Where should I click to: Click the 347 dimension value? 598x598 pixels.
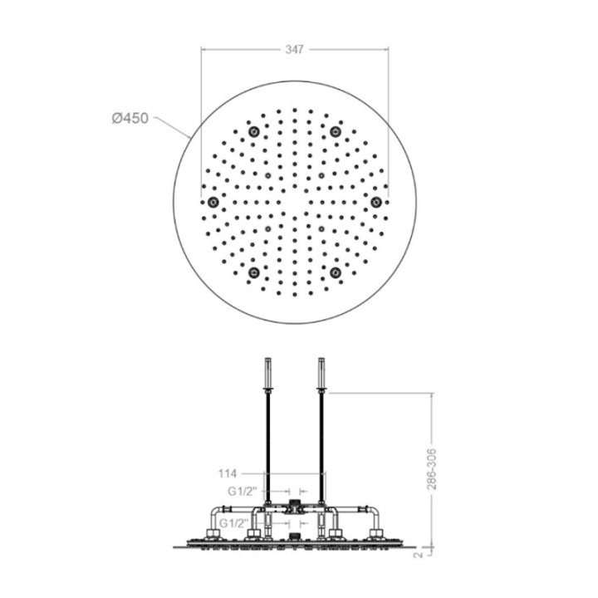(294, 50)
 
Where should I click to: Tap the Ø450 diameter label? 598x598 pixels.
(130, 118)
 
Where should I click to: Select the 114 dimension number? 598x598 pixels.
(228, 473)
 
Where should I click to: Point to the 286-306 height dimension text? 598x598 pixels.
(431, 469)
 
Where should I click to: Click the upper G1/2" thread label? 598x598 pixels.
(241, 492)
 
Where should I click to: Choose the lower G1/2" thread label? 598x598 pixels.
(234, 523)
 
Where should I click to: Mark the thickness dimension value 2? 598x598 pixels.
(419, 555)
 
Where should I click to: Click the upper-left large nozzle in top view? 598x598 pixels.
(253, 132)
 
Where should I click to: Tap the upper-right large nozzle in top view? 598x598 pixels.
(336, 132)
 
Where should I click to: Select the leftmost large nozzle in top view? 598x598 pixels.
(213, 202)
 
